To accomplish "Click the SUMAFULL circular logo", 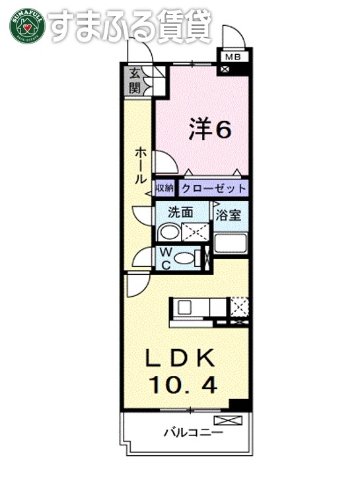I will click(x=27, y=26).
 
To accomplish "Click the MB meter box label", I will click(x=233, y=57).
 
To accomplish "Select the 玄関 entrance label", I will click(x=135, y=80).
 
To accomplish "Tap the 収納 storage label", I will click(x=164, y=188).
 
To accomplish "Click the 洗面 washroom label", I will click(x=180, y=213).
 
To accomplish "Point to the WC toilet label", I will click(x=164, y=257).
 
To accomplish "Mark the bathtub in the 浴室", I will click(x=231, y=242).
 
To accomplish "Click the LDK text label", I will click(x=180, y=358).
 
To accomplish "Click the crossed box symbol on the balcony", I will click(x=229, y=420).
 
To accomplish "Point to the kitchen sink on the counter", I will click(x=184, y=307).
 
